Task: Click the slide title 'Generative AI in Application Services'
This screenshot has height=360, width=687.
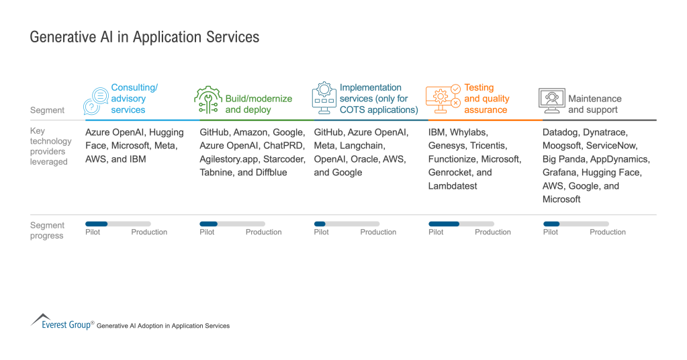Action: [144, 37]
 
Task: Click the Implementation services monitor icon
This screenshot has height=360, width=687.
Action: [324, 99]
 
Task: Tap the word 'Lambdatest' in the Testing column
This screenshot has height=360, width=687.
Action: [453, 185]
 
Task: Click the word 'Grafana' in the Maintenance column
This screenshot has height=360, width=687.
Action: [560, 173]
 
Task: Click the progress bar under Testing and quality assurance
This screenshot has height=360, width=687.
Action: [461, 224]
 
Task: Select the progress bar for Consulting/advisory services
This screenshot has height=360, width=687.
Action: [118, 224]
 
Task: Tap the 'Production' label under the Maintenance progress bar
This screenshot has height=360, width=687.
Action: [607, 232]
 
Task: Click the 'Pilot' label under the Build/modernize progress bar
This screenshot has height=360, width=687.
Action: [207, 232]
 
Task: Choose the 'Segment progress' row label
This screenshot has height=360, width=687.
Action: [47, 230]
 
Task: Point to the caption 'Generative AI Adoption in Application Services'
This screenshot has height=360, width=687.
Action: [163, 326]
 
